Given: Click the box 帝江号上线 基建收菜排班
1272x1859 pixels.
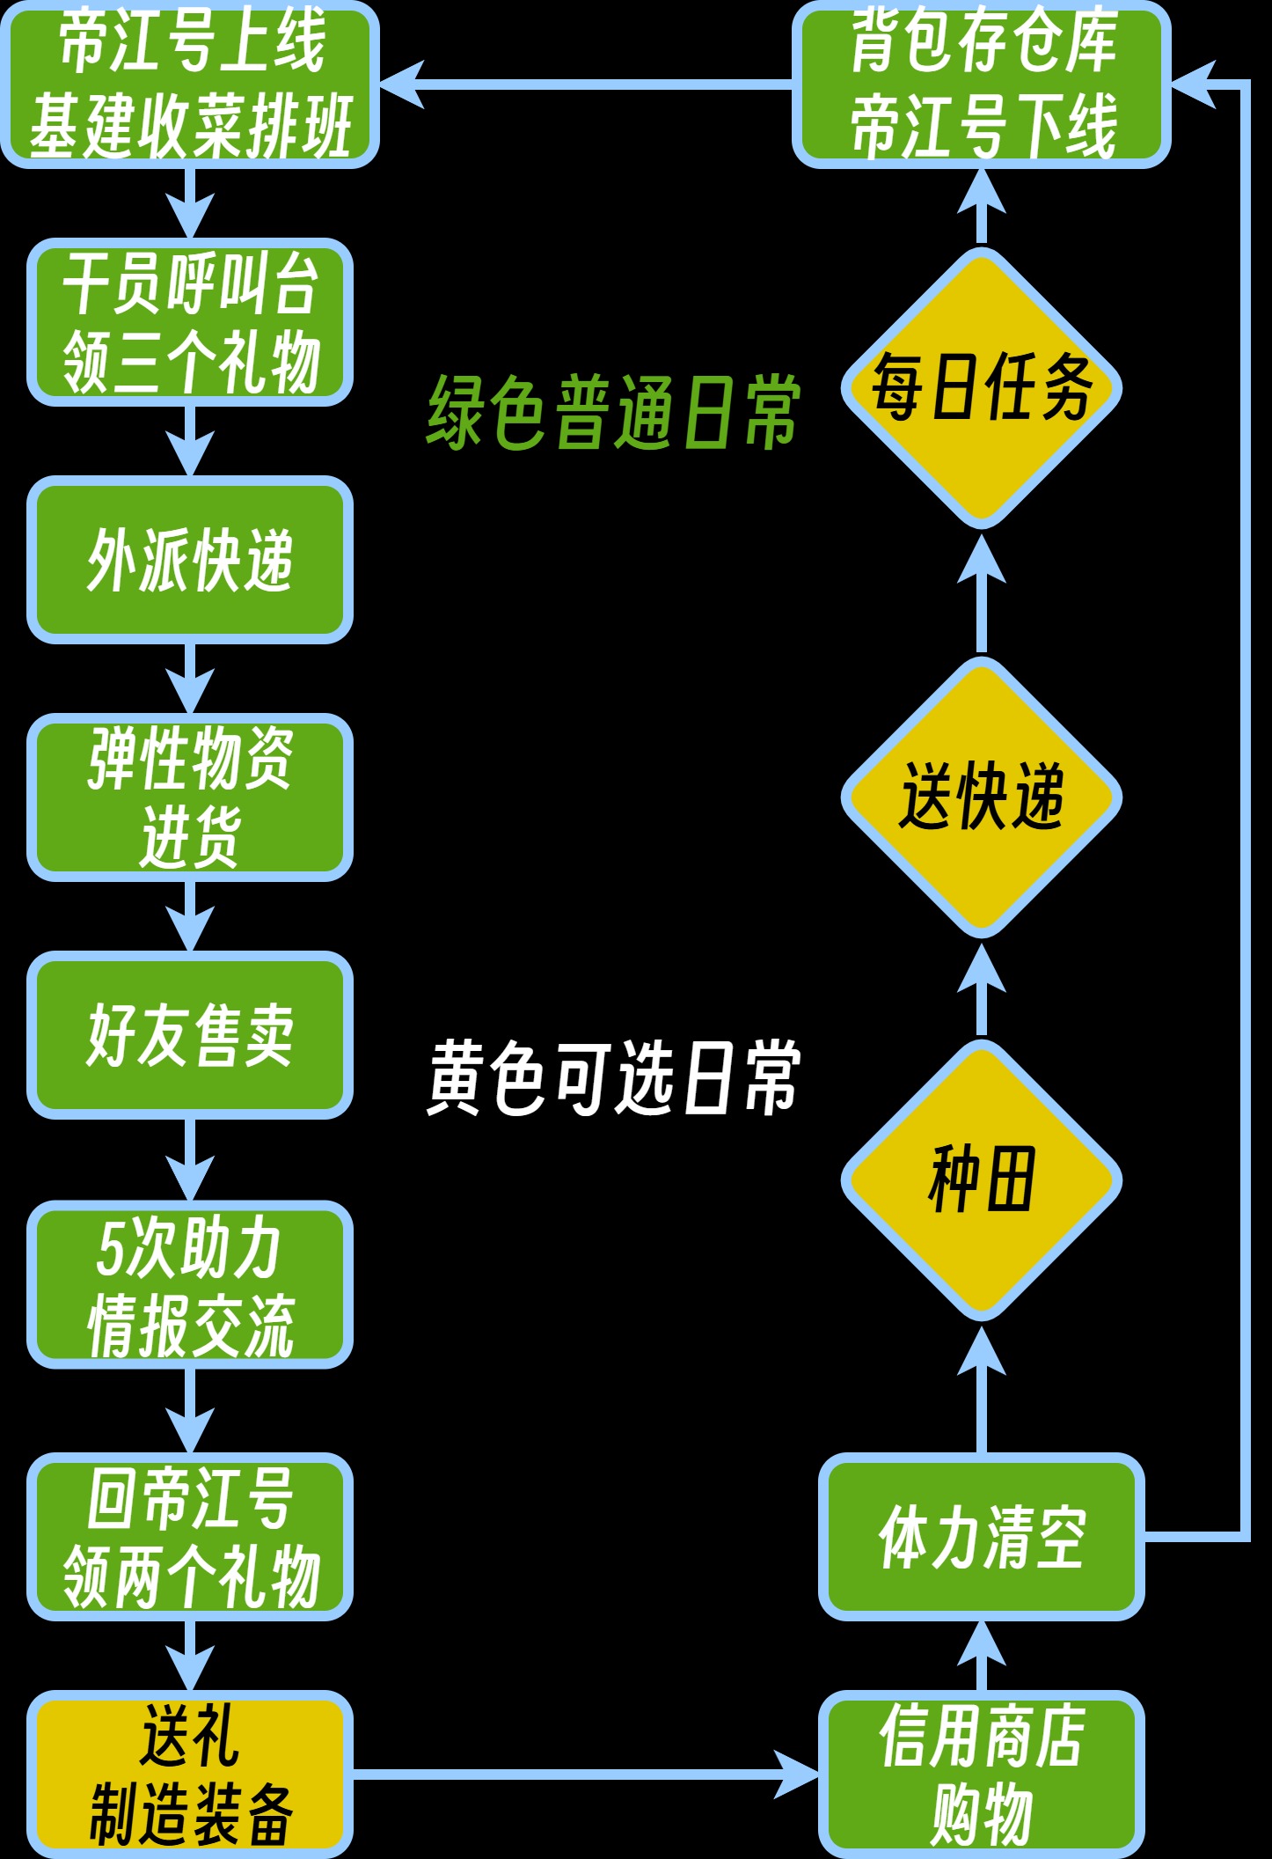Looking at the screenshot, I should coord(190,84).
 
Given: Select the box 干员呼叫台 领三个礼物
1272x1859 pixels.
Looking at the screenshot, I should coord(190,322).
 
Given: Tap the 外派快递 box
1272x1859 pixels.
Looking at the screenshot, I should coord(190,560).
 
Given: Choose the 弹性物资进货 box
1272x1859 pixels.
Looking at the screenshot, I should coord(190,797).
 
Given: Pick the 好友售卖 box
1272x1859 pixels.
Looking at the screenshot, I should coord(190,1035).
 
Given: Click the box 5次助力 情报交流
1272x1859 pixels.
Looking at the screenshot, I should coord(190,1285).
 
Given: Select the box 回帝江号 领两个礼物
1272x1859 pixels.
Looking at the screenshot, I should coord(190,1537).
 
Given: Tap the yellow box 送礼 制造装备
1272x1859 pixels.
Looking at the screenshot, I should coord(190,1774).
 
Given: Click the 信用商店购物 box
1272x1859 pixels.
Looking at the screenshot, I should coord(982,1774).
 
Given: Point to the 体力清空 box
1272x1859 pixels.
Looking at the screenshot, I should coord(982,1537).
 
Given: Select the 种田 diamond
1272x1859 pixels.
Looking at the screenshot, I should coord(982,1179).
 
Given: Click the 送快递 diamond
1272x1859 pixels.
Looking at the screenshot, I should coord(982,797).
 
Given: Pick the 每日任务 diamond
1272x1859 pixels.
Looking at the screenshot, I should coord(982,387).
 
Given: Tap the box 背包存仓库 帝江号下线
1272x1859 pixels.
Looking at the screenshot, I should coord(982,84).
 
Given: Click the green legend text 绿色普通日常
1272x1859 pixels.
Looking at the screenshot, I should coord(613,412).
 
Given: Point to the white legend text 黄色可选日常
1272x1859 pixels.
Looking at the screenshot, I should coord(613,1077).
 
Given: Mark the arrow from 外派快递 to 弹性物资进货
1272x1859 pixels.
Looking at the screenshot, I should coord(190,678).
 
